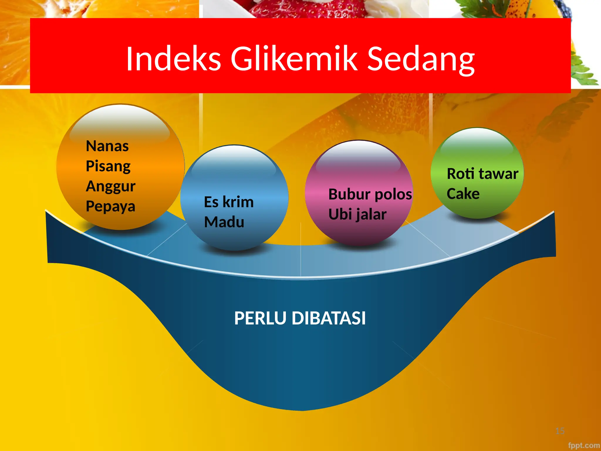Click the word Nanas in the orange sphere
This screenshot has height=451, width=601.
click(107, 146)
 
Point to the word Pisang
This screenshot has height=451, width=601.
click(108, 166)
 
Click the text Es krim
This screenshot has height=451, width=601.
click(229, 202)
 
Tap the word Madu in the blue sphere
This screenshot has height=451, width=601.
click(224, 222)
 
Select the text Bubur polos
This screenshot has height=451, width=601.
click(370, 194)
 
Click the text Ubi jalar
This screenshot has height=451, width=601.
click(357, 214)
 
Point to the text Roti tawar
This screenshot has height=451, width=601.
click(482, 174)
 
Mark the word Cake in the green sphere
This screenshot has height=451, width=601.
click(463, 194)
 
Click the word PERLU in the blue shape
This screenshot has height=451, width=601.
click(260, 318)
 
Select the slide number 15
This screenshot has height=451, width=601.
click(560, 431)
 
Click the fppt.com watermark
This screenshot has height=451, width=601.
click(584, 445)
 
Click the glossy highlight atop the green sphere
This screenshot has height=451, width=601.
click(477, 142)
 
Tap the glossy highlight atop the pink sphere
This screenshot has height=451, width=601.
click(358, 159)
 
